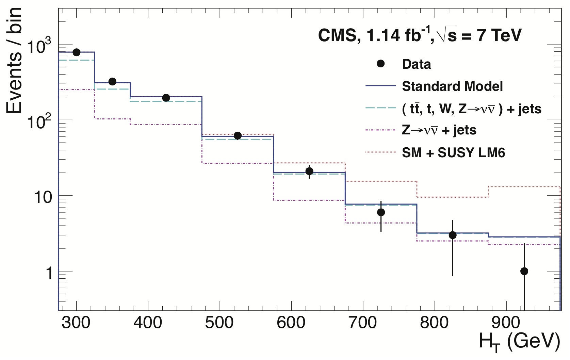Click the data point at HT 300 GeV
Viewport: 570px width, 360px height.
click(x=77, y=52)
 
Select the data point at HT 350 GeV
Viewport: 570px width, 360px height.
click(x=112, y=82)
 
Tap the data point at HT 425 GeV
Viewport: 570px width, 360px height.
click(x=166, y=98)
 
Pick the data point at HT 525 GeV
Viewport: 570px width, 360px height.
click(x=238, y=135)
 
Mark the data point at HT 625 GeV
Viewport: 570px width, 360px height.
click(x=309, y=171)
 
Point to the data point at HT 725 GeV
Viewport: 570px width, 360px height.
click(x=381, y=212)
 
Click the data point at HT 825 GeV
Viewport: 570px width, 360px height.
click(x=453, y=235)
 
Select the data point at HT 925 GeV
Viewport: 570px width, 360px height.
click(x=524, y=271)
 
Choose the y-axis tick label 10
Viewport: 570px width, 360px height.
click(x=44, y=197)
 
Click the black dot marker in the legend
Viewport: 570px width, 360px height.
click(x=381, y=64)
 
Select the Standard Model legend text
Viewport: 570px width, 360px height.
click(x=452, y=86)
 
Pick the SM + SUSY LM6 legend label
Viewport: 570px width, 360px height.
click(x=453, y=153)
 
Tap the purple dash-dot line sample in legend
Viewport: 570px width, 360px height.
click(x=381, y=130)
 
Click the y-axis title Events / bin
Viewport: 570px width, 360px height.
click(x=14, y=61)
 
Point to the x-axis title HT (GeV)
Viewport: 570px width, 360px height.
click(x=519, y=342)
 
